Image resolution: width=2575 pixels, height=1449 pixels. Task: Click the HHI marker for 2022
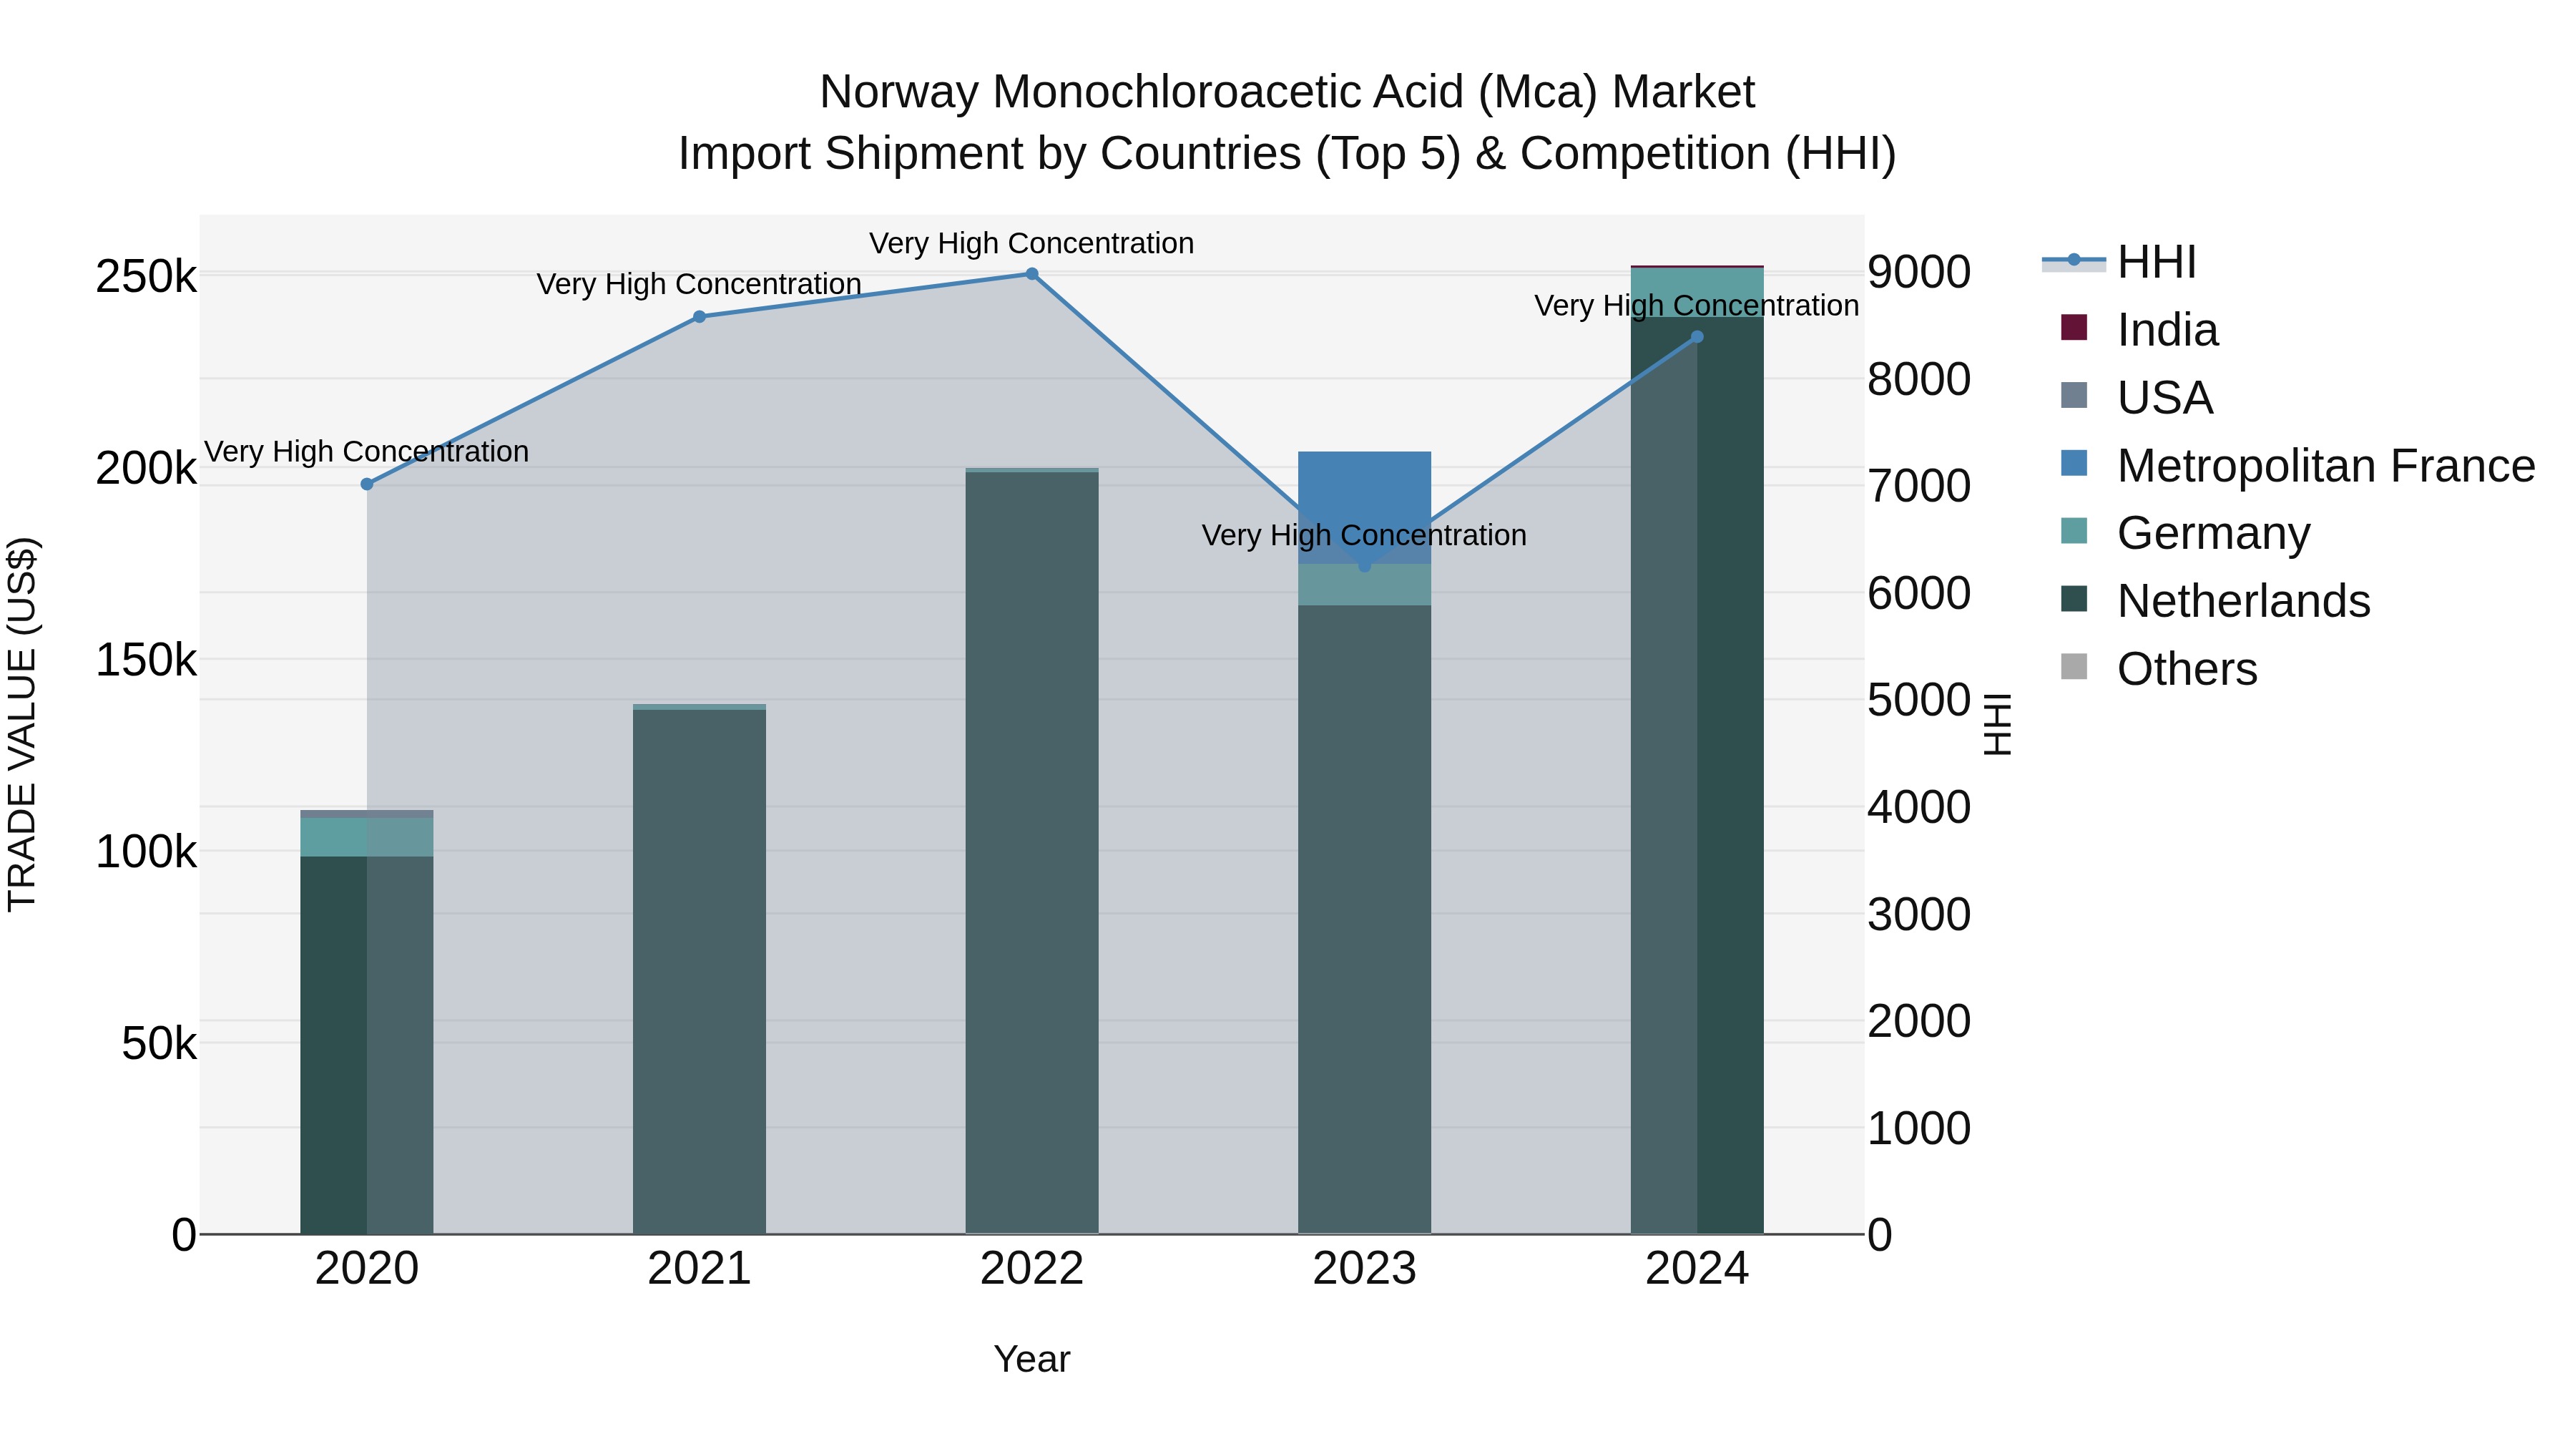point(1031,274)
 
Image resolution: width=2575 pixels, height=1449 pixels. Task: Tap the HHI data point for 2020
point(367,484)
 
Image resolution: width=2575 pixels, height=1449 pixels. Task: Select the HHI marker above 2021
point(700,317)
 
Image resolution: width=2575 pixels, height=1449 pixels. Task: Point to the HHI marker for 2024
point(1697,337)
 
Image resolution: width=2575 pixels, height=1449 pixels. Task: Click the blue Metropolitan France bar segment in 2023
point(1365,490)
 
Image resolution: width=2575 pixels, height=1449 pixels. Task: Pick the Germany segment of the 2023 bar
point(1365,586)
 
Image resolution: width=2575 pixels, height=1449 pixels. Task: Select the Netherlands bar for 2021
point(700,970)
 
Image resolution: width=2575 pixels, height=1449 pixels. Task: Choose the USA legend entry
point(2164,398)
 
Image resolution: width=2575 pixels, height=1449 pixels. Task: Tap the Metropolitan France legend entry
point(2325,466)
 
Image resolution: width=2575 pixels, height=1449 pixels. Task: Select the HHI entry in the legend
point(2156,262)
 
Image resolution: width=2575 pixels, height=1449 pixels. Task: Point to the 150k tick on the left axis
point(146,660)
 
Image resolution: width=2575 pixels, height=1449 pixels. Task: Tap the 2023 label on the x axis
point(1365,1269)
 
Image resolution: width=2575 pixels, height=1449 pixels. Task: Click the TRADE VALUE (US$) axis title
point(22,724)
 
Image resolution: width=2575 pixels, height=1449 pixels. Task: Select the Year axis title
point(1031,1359)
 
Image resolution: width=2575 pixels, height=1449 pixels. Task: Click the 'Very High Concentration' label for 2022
point(1031,243)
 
